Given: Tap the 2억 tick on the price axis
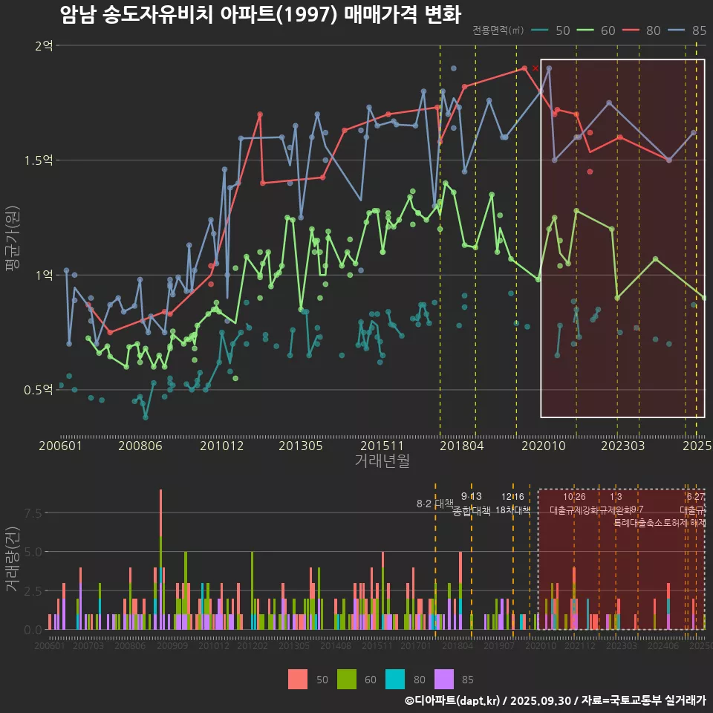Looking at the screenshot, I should coord(44,45).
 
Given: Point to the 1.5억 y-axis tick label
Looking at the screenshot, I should coord(39,160).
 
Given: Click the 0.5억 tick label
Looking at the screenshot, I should coord(39,390).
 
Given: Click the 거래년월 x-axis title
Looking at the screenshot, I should coord(382,460).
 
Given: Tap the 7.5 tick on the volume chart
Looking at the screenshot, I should coord(33,513).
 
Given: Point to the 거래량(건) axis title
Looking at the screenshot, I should coord(13,559).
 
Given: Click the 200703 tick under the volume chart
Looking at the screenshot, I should coord(88,647).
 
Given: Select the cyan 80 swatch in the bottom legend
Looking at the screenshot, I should coord(396,679).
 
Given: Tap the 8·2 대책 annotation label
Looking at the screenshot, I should coord(435,504).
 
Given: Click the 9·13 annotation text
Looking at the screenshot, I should coord(472,496).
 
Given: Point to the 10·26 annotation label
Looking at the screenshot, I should coord(574,496).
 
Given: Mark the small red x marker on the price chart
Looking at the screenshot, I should coord(535,68).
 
